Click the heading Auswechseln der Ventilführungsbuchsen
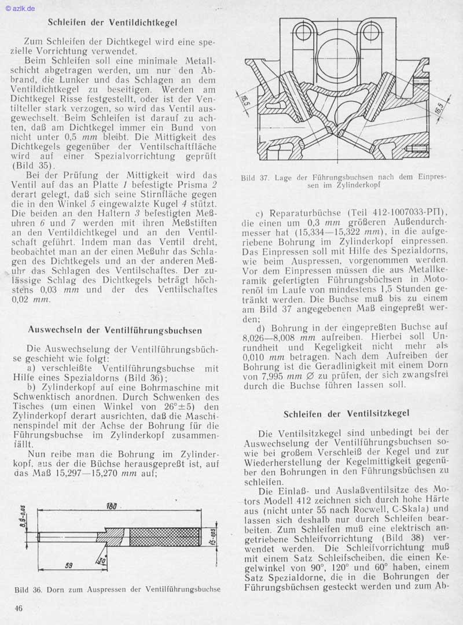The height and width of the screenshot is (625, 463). click(x=115, y=330)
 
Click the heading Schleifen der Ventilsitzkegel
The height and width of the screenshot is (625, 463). click(x=347, y=413)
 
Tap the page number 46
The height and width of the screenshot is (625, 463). click(x=19, y=608)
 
